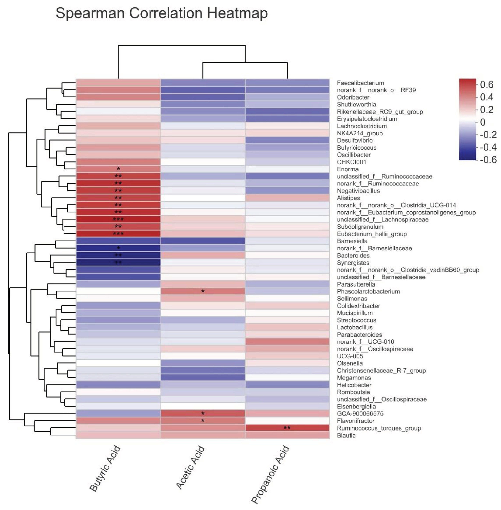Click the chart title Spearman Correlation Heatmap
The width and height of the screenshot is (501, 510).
point(162,13)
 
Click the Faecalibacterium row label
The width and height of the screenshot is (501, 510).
point(357,83)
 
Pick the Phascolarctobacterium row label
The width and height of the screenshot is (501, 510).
point(368,291)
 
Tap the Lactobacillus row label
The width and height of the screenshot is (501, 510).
point(355,327)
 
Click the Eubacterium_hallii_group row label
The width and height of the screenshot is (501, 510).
point(372,234)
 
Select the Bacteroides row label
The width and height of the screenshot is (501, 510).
point(353,256)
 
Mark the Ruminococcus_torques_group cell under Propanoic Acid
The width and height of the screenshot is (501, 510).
point(287,428)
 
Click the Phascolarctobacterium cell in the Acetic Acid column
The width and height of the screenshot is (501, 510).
point(203,291)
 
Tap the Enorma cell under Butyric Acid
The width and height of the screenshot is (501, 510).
point(118,169)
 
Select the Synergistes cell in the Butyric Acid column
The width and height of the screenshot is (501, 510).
point(118,263)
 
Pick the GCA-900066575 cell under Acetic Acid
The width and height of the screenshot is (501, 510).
point(203,413)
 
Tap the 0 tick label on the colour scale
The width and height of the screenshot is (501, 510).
point(483,122)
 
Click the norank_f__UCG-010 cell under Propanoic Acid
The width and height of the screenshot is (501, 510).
point(287,342)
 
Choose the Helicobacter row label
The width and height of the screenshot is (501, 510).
point(354,385)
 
